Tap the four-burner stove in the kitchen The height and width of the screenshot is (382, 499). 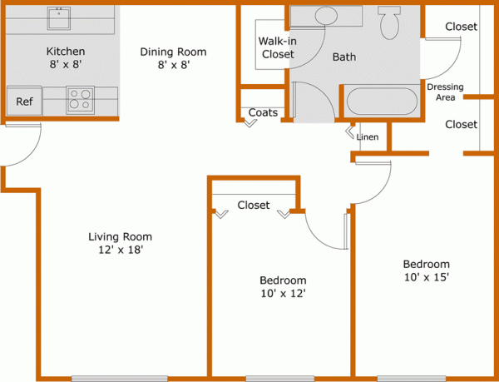[x=80, y=100]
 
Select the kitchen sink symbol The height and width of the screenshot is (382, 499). [x=61, y=17]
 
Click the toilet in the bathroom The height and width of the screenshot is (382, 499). [x=389, y=23]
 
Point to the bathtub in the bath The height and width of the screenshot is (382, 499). [x=380, y=102]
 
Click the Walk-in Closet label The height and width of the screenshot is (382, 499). [x=277, y=47]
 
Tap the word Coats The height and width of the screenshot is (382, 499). [x=263, y=112]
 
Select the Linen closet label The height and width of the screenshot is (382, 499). [x=368, y=136]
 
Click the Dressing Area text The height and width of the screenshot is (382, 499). [x=444, y=92]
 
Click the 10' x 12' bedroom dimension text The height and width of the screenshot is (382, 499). [x=283, y=293]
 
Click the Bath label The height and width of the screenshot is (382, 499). [x=344, y=57]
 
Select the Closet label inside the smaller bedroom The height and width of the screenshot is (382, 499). [x=254, y=205]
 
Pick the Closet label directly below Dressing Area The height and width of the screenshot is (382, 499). [x=461, y=124]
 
